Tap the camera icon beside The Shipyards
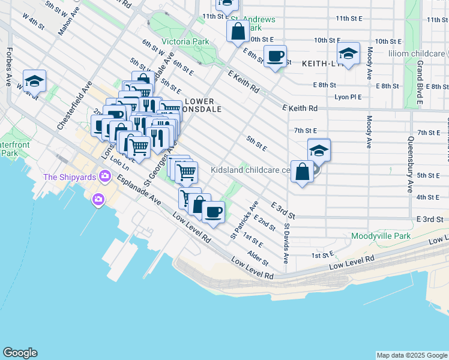(x=106, y=176)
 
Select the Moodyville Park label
(x=381, y=236)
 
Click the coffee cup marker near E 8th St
(x=275, y=56)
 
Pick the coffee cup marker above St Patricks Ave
(x=213, y=211)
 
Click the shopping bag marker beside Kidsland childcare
(x=302, y=172)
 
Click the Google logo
(x=20, y=353)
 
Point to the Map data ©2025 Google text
(x=411, y=355)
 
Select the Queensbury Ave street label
(x=411, y=163)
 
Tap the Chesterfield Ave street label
(x=77, y=104)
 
